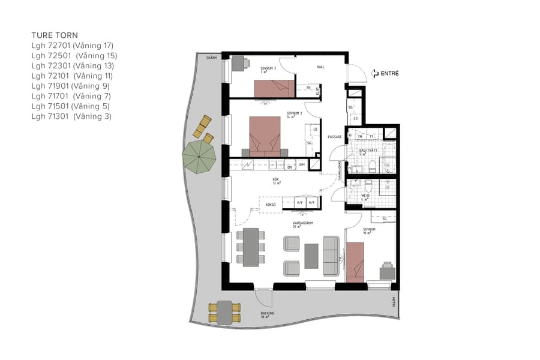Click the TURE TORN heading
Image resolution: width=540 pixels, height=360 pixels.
pos(55,35)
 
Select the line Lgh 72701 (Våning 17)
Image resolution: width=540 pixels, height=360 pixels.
pos(72,46)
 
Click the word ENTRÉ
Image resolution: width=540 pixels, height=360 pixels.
pos(390,74)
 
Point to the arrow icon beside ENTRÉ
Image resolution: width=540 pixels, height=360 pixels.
pos(376,74)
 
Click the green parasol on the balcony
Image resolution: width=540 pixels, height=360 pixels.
pos(199,157)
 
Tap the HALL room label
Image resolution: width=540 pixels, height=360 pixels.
pos(320,67)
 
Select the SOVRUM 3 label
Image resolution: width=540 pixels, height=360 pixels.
pos(268,69)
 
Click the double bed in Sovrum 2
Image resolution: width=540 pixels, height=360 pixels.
pos(265,136)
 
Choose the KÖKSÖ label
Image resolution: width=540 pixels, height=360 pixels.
pos(271,205)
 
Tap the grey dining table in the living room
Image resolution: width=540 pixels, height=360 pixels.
pos(248,247)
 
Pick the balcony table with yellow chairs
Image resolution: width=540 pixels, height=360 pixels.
pos(224,312)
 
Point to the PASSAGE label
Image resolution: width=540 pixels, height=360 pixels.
pos(334,137)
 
